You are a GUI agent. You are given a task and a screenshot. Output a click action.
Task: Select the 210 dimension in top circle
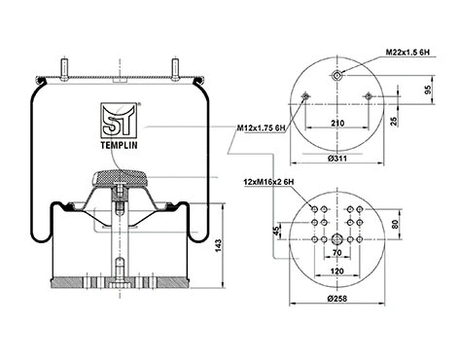click(336, 126)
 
